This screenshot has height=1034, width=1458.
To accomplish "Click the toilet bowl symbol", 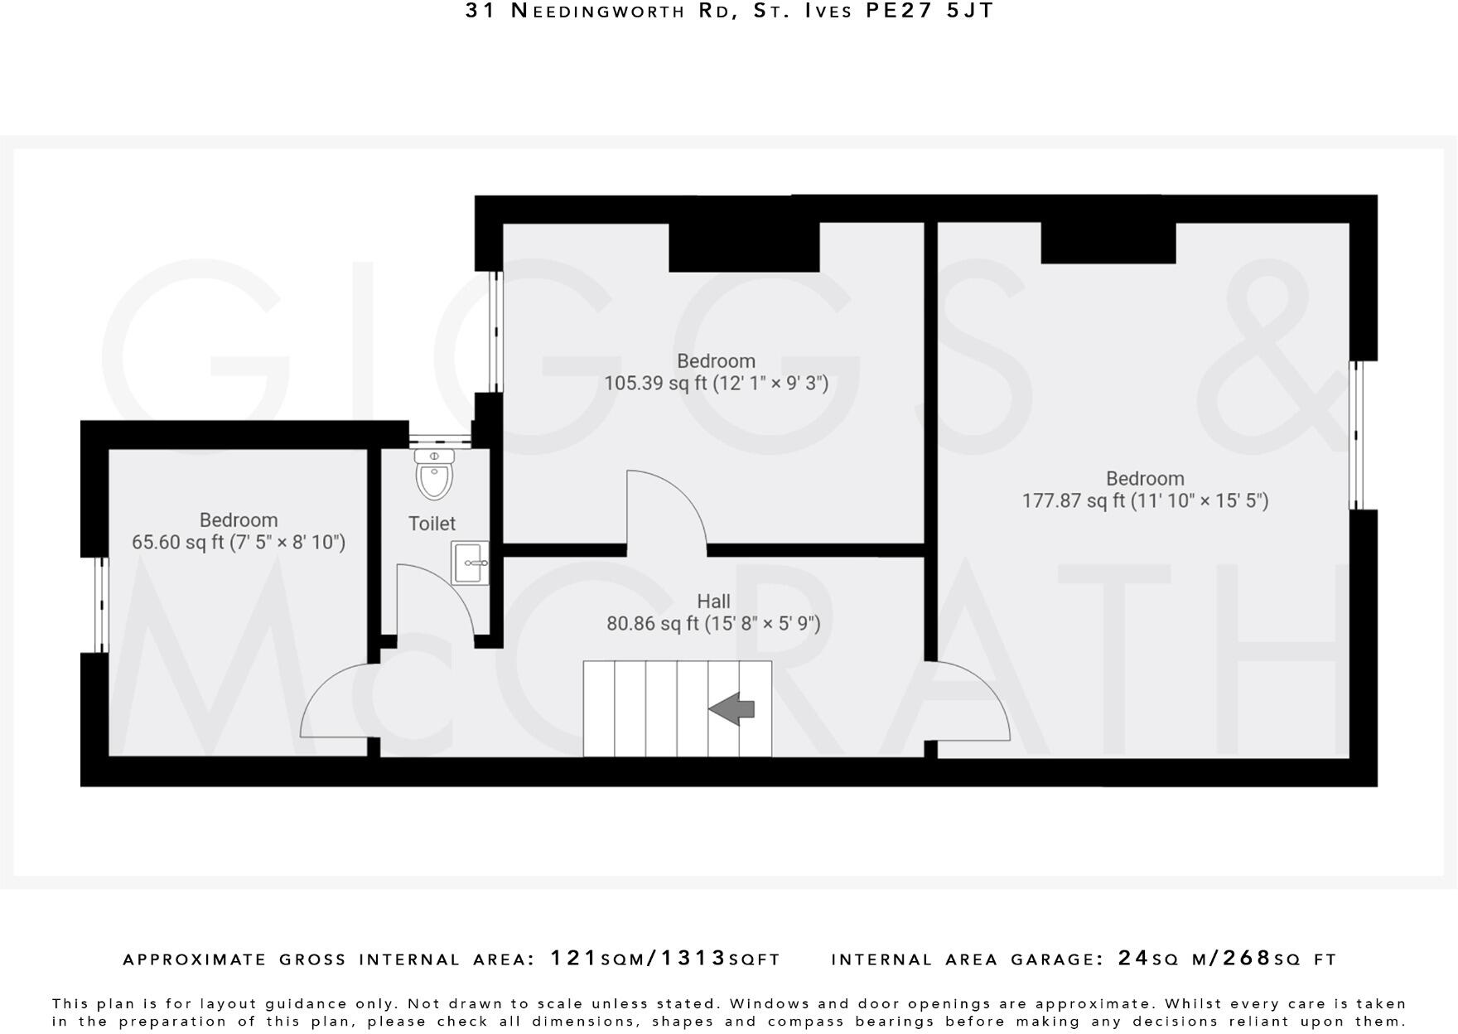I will click(x=434, y=479).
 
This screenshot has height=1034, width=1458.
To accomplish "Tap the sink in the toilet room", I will click(x=470, y=563).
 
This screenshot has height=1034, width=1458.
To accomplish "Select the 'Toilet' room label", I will click(x=432, y=524).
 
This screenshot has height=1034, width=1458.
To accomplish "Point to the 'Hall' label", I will click(x=713, y=602).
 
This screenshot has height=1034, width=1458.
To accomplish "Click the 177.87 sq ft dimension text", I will click(x=1145, y=501).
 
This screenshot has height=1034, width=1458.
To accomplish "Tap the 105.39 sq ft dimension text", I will click(x=716, y=384).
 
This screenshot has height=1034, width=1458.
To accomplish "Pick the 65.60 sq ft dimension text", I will click(x=239, y=543).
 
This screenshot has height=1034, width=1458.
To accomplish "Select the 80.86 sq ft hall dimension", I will click(x=713, y=624).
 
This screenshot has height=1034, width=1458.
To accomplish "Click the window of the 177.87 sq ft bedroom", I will click(x=1356, y=434).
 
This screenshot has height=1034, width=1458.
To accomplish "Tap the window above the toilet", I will click(x=440, y=436).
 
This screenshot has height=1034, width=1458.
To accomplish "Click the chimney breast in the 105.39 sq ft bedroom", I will click(x=744, y=246).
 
